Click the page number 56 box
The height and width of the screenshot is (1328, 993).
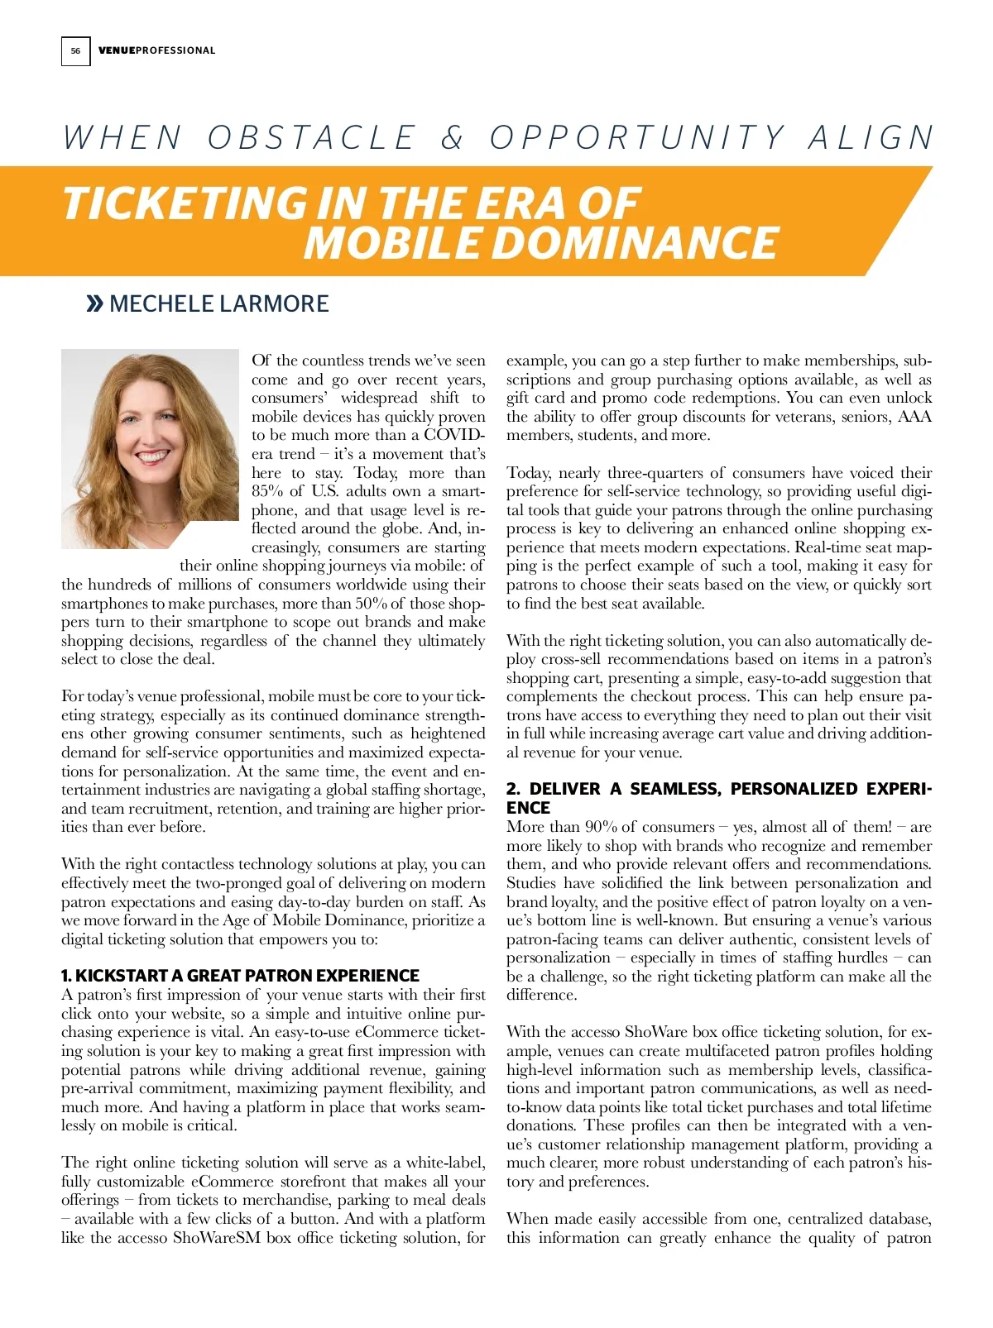click(x=75, y=50)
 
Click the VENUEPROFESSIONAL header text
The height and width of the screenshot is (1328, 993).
click(x=156, y=50)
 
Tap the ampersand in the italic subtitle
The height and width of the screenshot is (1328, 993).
click(x=453, y=138)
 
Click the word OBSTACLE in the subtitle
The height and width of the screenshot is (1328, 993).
click(x=312, y=138)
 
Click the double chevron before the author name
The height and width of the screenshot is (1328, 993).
click(x=94, y=304)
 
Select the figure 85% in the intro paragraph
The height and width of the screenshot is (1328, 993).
click(x=267, y=491)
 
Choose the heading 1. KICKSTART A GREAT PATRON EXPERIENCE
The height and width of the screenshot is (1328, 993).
click(x=240, y=976)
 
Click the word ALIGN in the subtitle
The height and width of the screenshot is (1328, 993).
click(x=871, y=138)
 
